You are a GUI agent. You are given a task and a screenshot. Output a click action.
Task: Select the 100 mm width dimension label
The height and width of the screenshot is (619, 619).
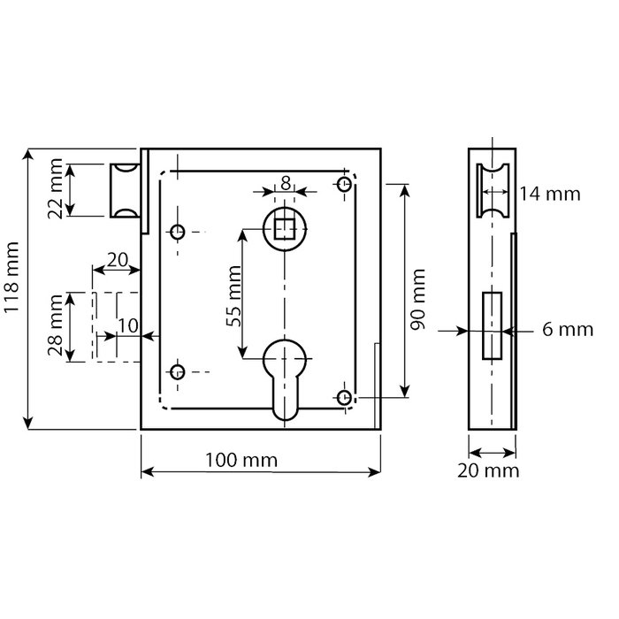pyautogui.click(x=241, y=461)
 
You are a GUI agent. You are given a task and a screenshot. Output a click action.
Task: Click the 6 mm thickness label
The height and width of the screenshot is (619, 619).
pyautogui.click(x=566, y=330)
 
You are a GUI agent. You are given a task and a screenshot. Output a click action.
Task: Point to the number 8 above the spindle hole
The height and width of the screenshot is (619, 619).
pyautogui.click(x=285, y=183)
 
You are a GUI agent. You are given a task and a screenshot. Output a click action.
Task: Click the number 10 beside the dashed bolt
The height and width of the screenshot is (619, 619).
pyautogui.click(x=127, y=325)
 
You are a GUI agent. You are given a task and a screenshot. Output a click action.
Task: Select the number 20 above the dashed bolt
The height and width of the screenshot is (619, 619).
pyautogui.click(x=117, y=261)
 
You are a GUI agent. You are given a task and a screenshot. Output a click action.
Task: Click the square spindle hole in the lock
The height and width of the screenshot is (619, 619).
pyautogui.click(x=285, y=229)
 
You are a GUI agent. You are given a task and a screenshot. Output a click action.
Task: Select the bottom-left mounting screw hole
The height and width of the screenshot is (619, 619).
pyautogui.click(x=178, y=370)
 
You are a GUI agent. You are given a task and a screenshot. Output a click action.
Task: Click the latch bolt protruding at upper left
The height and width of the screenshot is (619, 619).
pyautogui.click(x=124, y=189)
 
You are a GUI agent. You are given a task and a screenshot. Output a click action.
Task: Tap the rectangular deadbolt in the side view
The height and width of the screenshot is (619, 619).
pyautogui.click(x=491, y=326)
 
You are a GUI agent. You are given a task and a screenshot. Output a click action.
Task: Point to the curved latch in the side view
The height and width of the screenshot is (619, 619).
pyautogui.click(x=491, y=189)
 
